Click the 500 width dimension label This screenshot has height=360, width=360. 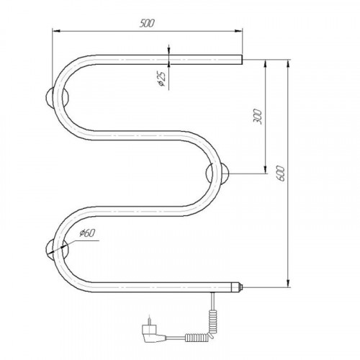pos(147,23)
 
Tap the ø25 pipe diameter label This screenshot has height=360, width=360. pos(162,79)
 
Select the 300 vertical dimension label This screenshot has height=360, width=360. pos(257,117)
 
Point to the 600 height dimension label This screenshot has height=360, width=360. pos(280,174)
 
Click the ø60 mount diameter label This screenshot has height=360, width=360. pos(88,233)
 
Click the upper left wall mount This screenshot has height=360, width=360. pos(57,97)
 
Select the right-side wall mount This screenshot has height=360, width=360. pos(217,174)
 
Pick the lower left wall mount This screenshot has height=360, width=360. pos(57,250)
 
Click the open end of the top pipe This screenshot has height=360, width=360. pos(241,60)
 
